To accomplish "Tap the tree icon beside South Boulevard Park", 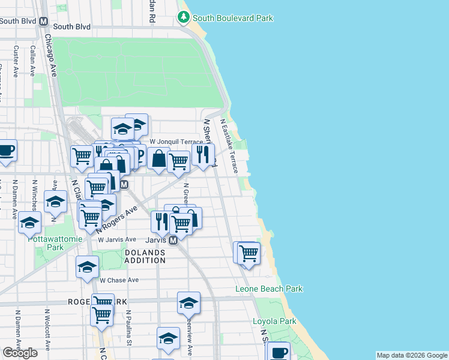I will pos(183,17).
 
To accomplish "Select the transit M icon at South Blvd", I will pos(43,21).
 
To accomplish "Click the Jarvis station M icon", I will pos(172,240).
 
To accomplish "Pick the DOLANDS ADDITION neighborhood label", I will pos(145,257).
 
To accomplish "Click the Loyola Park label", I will pos(274,322).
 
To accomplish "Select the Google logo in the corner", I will pos(20,353).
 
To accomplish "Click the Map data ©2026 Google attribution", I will pos(411,355).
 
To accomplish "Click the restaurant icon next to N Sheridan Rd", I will pos(203,155).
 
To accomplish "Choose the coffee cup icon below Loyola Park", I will pos(278,352).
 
